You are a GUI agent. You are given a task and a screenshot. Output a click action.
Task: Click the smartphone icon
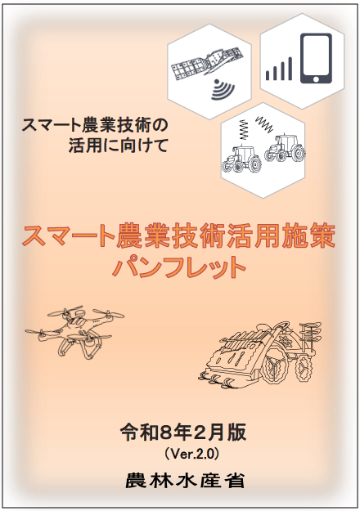316,58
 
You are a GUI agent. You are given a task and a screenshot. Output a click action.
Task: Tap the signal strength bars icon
279,69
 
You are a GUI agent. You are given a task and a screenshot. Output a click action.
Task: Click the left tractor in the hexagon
241,159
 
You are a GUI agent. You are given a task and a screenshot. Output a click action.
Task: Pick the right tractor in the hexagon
285,148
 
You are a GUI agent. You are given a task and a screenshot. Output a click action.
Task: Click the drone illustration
75,331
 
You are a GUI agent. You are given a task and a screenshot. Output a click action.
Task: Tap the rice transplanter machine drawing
260,353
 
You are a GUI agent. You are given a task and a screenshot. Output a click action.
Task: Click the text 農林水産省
185,481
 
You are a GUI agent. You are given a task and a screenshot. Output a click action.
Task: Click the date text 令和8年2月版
183,433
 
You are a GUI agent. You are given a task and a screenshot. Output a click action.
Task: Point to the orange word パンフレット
179,267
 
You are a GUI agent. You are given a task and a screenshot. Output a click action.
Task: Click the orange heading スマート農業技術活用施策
178,236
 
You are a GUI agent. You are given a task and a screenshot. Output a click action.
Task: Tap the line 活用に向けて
118,146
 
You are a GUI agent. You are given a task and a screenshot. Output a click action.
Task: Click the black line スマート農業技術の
95,126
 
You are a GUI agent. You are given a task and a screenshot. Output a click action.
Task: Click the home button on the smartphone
316,79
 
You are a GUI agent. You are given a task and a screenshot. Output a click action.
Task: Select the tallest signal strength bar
290,69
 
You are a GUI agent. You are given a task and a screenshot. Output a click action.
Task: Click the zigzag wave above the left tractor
244,128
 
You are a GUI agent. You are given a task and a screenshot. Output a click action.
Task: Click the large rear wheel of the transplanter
277,370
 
